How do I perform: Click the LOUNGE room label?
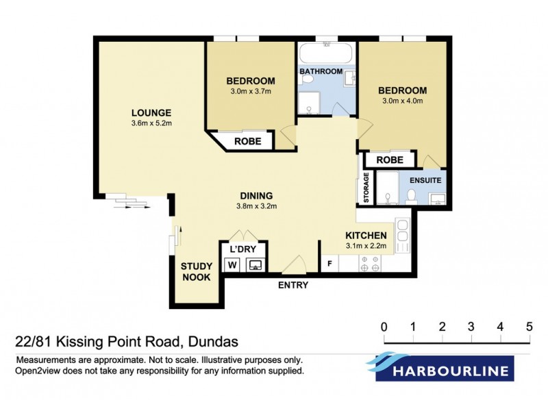coord(151,113)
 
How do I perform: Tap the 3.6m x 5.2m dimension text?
coord(151,123)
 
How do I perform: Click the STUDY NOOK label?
coord(195,272)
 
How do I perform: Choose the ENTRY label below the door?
coord(292,285)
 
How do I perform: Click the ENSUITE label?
coord(424,180)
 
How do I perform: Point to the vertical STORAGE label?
coord(366,188)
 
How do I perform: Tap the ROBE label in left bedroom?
coord(247,142)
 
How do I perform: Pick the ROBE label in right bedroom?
coord(390,160)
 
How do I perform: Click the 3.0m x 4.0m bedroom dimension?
coord(403,101)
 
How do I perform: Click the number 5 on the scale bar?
coord(530,325)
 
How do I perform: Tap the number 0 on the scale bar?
coord(384,325)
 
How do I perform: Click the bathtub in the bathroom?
coord(327,53)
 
